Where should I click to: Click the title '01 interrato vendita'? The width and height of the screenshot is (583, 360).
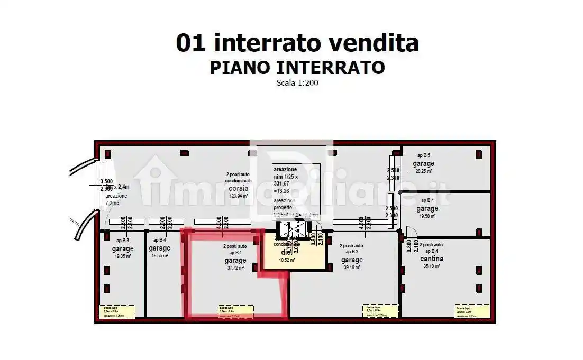[x=297, y=43]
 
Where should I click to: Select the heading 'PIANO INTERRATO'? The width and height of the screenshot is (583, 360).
[x=297, y=68]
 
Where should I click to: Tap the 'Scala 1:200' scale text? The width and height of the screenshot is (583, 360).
[x=297, y=82]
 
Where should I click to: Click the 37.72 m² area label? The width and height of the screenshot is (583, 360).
[x=235, y=268]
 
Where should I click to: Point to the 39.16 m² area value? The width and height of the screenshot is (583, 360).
[x=352, y=267]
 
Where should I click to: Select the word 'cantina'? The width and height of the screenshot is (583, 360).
[x=432, y=259]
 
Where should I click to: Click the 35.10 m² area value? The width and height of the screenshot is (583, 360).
[x=432, y=266]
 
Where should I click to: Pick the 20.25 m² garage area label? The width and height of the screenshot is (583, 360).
[x=424, y=171]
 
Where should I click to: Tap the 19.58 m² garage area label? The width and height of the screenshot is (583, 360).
[x=427, y=216]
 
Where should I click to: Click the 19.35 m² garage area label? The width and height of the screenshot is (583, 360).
[x=123, y=256]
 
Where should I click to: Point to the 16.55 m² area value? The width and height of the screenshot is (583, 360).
[x=159, y=256]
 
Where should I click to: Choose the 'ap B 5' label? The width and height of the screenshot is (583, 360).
[x=423, y=155]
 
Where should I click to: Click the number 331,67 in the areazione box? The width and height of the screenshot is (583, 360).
[x=283, y=183]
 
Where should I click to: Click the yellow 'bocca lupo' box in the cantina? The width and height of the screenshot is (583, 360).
[x=471, y=310]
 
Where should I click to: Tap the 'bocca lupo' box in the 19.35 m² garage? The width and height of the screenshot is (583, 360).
[x=116, y=311]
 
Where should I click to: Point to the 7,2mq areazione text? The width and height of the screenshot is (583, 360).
[x=113, y=203]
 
